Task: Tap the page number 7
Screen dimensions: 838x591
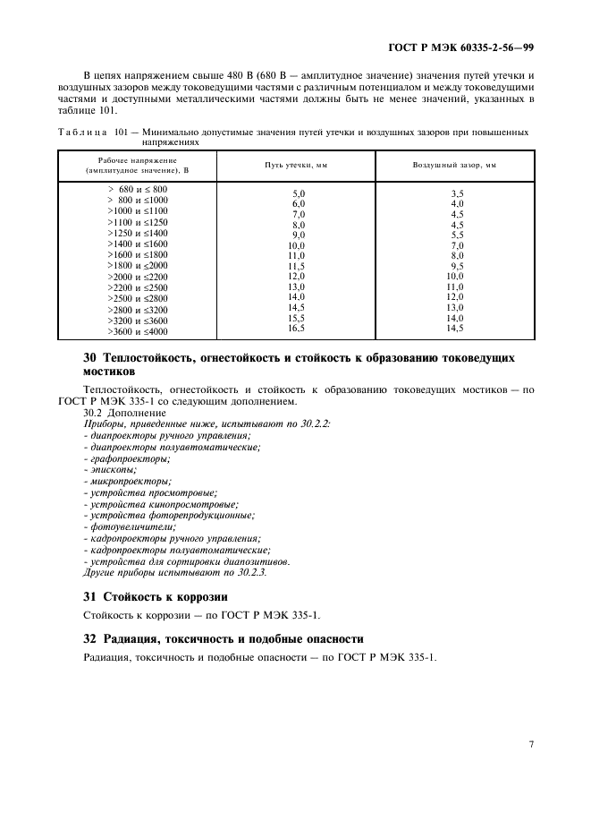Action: (530, 743)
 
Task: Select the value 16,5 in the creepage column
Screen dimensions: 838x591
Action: (296, 329)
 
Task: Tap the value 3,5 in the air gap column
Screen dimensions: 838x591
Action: (457, 193)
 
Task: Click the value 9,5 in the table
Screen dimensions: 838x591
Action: (457, 266)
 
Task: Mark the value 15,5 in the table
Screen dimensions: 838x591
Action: (296, 318)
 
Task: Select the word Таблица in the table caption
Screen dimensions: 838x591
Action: (81, 132)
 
